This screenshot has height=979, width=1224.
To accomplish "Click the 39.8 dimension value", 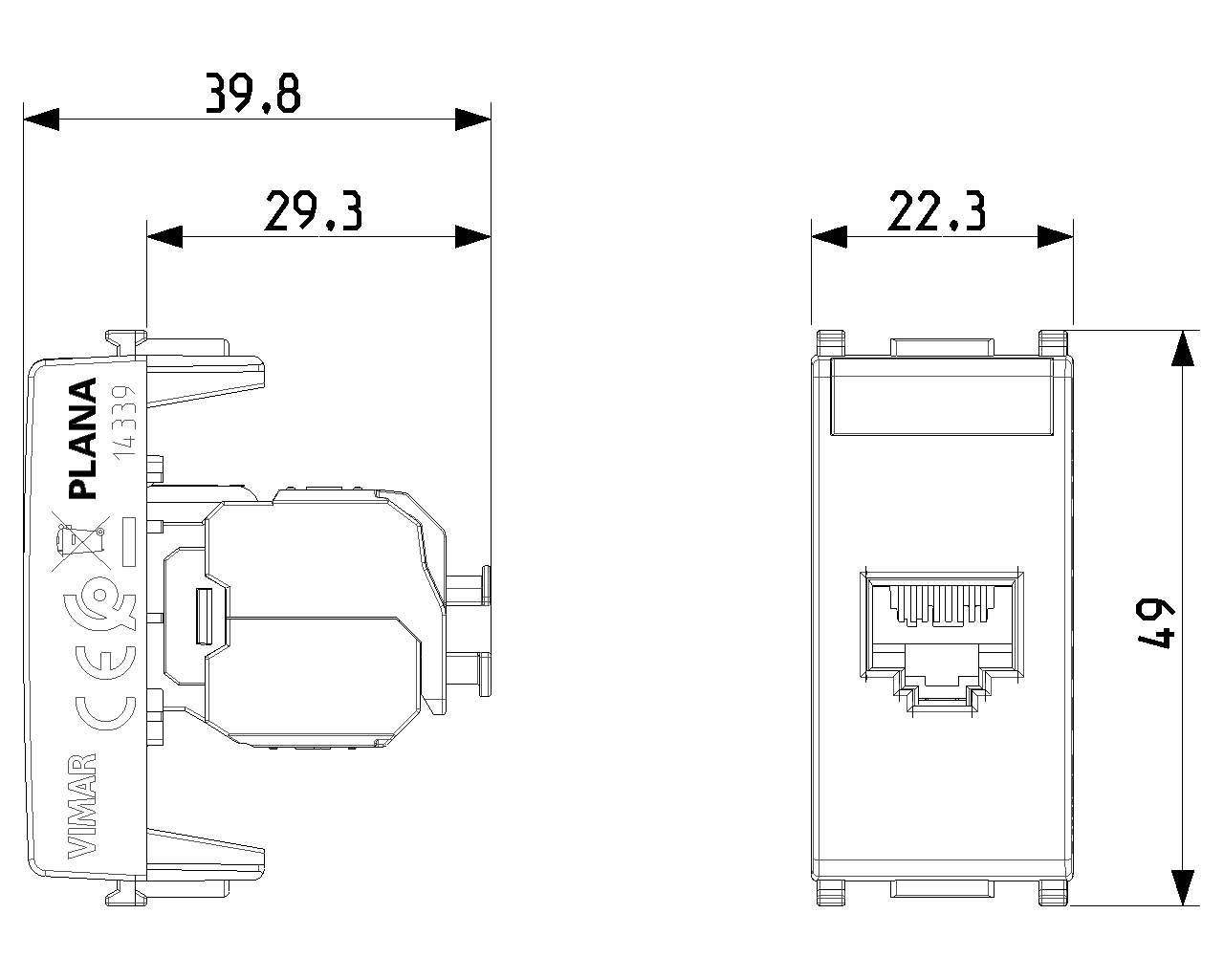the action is (252, 93).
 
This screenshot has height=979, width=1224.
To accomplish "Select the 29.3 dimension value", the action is (314, 210).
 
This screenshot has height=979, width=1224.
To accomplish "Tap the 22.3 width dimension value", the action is (936, 210).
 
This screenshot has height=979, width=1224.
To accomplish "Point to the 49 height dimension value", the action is (1154, 622).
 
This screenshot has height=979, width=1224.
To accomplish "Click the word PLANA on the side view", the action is (82, 439).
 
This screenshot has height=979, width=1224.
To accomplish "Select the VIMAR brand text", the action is (82, 806).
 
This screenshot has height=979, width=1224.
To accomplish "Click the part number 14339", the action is (124, 422).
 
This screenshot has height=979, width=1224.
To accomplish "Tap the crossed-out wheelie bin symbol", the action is (81, 541).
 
